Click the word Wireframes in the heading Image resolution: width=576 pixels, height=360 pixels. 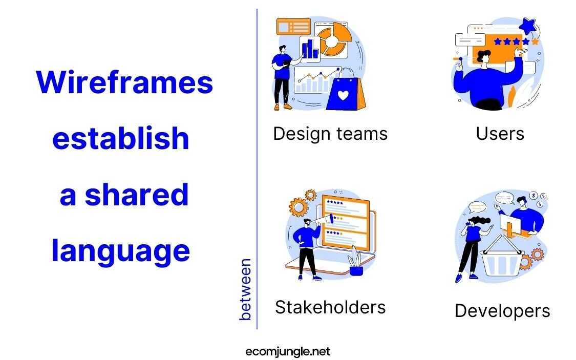coord(124,82)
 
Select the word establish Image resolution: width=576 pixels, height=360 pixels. coord(120,138)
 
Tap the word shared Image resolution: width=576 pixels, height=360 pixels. coord(137,194)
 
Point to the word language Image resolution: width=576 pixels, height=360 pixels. coord(120,251)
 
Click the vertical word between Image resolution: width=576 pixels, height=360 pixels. coord(245,289)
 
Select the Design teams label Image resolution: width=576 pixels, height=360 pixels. coord(330,134)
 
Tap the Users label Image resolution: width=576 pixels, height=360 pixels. coord(500,134)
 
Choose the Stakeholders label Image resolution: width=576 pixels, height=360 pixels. coord(330,307)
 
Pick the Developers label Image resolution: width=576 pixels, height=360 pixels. coord(502,311)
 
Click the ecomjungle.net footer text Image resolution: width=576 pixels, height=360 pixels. coord(288,352)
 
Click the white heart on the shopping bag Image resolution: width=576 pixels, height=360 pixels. coord(343,95)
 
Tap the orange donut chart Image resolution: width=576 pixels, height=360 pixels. coord(333,37)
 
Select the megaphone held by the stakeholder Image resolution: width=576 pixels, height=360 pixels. coord(323,220)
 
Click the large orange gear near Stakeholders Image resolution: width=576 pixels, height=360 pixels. coord(298,207)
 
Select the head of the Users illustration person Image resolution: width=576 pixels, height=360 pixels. coord(484,57)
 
